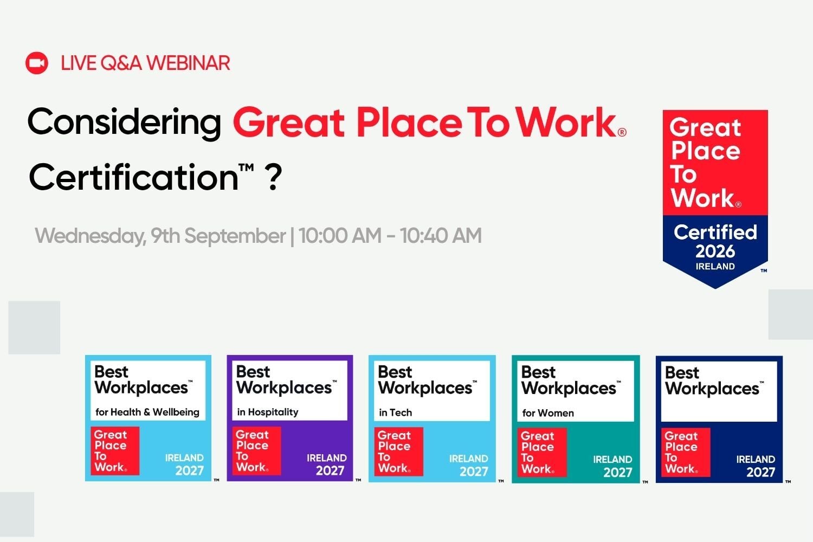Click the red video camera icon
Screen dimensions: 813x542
point(37,63)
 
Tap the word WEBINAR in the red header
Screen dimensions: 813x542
point(189,63)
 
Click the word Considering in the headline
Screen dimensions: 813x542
point(124,122)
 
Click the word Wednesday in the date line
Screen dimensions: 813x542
point(91,236)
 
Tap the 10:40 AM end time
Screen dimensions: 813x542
point(441,236)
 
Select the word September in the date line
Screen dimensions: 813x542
point(235,236)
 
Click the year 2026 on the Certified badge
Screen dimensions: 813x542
point(715,251)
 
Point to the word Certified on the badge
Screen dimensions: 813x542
point(715,233)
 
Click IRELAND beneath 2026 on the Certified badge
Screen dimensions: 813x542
point(715,267)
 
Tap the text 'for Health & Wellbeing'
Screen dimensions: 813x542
point(147,412)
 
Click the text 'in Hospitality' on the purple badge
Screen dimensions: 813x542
point(268,412)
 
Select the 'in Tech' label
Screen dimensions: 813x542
point(395,413)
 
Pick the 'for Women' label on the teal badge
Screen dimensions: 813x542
point(548,413)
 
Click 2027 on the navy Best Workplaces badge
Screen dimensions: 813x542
point(761,472)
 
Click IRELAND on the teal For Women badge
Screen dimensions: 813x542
point(612,459)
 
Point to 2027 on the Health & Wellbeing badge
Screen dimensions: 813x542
point(190,470)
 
